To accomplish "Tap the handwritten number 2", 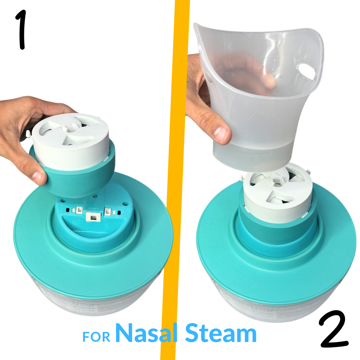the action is pyautogui.click(x=334, y=329).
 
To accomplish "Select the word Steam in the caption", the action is pyautogui.click(x=221, y=333).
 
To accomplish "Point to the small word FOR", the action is pyautogui.click(x=96, y=337).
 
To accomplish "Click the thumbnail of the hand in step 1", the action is pyautogui.click(x=37, y=176).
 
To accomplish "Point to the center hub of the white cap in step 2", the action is pyautogui.click(x=277, y=181).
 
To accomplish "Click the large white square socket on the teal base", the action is pyautogui.click(x=93, y=217).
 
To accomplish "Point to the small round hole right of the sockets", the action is pyautogui.click(x=125, y=204).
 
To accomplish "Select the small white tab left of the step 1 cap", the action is pyautogui.click(x=28, y=134).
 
